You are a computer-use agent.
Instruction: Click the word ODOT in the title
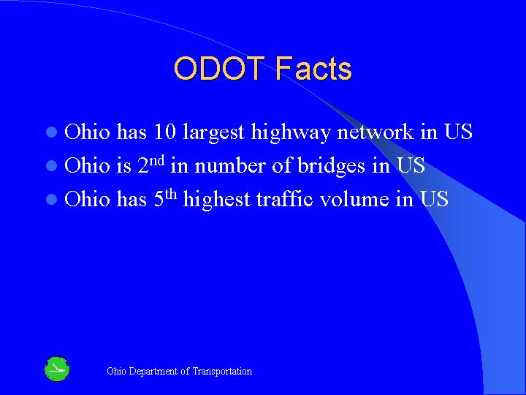221,69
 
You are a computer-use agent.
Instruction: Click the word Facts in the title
314,69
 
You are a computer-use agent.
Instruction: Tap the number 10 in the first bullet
165,132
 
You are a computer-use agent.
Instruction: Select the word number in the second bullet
229,166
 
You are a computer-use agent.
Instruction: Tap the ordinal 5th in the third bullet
165,197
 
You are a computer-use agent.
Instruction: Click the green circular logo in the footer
57,369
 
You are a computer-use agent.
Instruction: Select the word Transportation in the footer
222,372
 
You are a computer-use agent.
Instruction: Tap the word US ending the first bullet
457,132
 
